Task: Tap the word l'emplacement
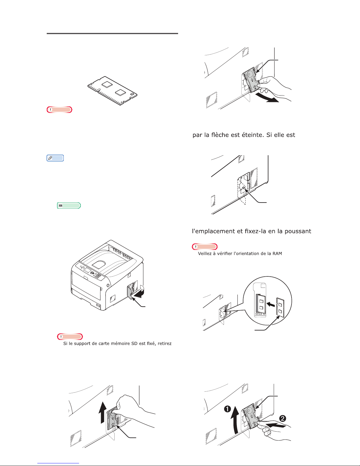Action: click(x=214, y=231)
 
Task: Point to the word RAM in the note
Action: click(x=277, y=253)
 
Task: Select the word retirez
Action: click(x=165, y=343)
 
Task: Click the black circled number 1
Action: click(x=227, y=409)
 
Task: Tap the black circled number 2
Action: click(x=283, y=418)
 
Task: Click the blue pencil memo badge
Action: click(x=55, y=158)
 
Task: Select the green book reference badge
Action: click(x=69, y=206)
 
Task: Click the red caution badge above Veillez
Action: click(x=205, y=247)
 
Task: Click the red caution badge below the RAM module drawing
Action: click(x=59, y=110)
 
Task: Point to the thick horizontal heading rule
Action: click(x=112, y=34)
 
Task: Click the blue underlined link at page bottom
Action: click(x=58, y=463)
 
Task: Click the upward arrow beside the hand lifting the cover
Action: click(x=103, y=412)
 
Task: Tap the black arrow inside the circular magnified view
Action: click(x=271, y=304)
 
